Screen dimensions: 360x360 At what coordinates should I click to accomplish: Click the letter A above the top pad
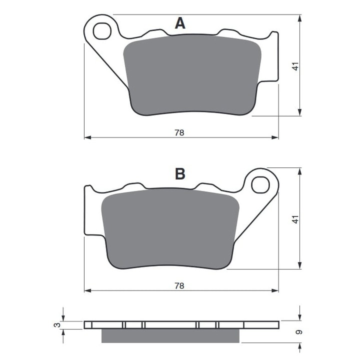click(180, 23)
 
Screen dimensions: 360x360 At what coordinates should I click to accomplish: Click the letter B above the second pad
click(180, 173)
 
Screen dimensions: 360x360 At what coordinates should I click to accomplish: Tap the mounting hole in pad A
click(102, 31)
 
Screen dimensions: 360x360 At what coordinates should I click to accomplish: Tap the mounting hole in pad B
click(260, 185)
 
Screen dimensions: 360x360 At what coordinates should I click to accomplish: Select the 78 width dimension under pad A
click(179, 132)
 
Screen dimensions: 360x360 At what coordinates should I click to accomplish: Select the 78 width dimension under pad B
click(179, 285)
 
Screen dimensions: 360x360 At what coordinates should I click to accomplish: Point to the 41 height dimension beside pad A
click(295, 65)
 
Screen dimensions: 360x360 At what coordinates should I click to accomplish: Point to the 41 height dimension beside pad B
click(295, 218)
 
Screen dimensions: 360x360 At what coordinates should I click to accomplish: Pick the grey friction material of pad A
click(192, 75)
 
